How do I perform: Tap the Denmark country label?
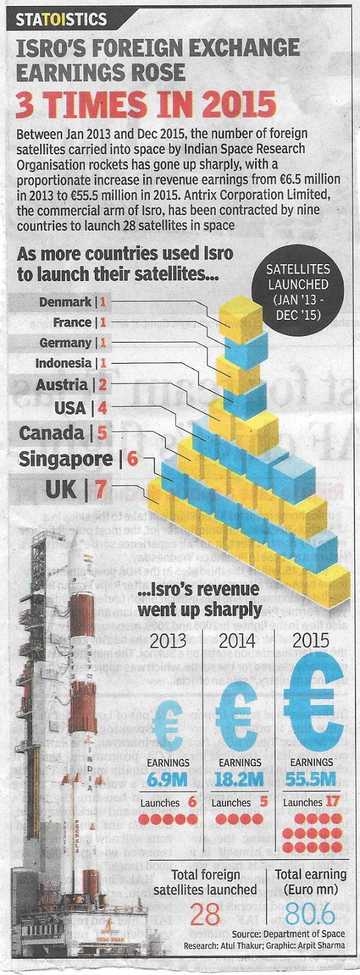coord(65,302)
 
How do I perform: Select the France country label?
coord(72,322)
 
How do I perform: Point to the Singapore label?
coord(66,459)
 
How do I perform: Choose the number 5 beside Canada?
coord(101,433)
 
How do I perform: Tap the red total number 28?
coord(205,915)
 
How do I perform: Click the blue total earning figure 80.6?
coord(311,915)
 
